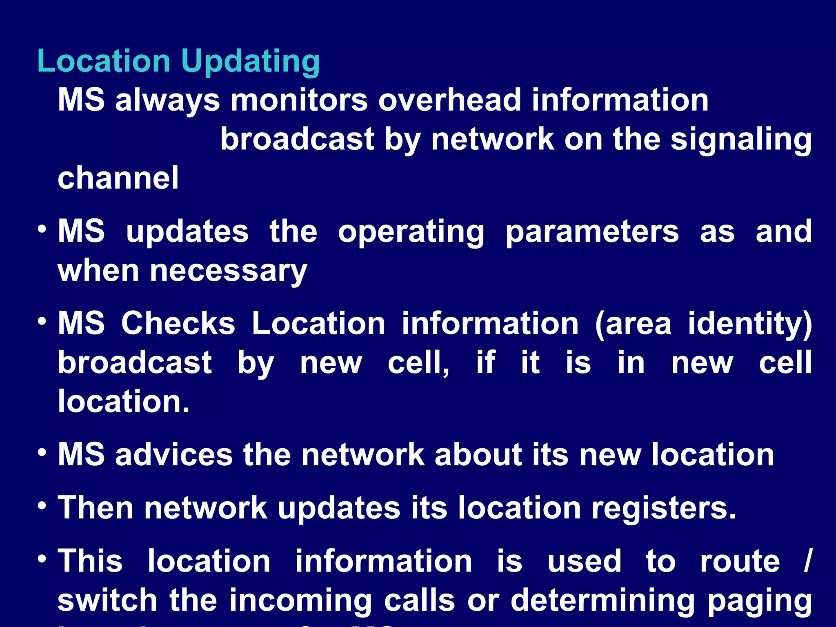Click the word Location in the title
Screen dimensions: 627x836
click(x=104, y=61)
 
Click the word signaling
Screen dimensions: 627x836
click(x=741, y=140)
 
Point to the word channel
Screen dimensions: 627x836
click(x=118, y=178)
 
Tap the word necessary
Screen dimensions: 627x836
click(x=228, y=271)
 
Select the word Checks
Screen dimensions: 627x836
click(x=178, y=323)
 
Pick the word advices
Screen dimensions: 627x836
click(x=174, y=454)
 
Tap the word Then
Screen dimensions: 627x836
click(x=96, y=508)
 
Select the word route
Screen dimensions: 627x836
click(x=740, y=561)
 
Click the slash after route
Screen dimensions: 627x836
click(x=807, y=561)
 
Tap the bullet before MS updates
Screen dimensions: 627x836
click(x=42, y=229)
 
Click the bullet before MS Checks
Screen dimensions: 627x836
click(x=42, y=321)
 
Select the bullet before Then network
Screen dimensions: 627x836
click(x=42, y=506)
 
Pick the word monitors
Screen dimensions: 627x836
click(x=299, y=100)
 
